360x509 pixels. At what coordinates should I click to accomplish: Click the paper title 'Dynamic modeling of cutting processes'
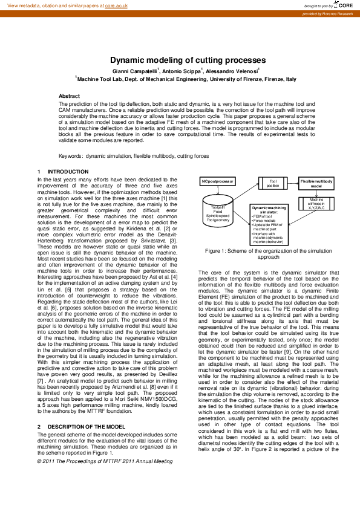pyautogui.click(x=180, y=60)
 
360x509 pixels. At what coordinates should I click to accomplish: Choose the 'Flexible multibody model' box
pyautogui.click(x=319, y=183)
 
